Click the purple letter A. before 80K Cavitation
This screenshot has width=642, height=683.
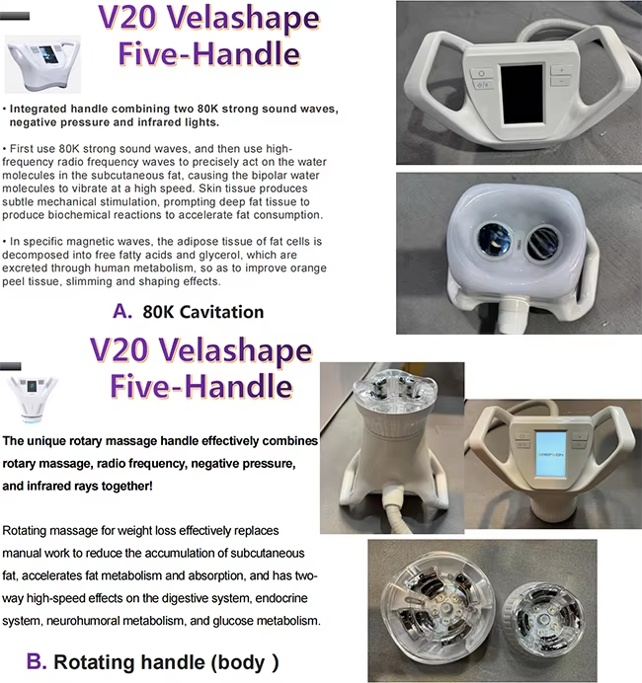click(122, 312)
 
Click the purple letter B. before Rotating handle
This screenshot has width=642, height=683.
click(37, 661)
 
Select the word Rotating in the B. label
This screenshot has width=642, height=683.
click(85, 662)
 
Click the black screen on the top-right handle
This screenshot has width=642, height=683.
click(522, 94)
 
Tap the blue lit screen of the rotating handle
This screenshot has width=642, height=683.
click(551, 454)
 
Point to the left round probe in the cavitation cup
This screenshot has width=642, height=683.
click(495, 238)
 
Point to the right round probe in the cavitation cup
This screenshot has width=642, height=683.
click(543, 243)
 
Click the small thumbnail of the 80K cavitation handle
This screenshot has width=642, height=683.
click(42, 64)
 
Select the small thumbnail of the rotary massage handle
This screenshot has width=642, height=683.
click(33, 399)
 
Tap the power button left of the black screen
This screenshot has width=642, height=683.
click(481, 73)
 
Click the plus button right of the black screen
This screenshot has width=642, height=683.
click(562, 70)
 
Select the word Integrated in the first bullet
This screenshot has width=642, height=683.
click(38, 109)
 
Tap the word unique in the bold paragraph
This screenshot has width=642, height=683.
click(42, 441)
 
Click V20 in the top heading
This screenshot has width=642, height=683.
click(128, 19)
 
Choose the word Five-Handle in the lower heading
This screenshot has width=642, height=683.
click(201, 386)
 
